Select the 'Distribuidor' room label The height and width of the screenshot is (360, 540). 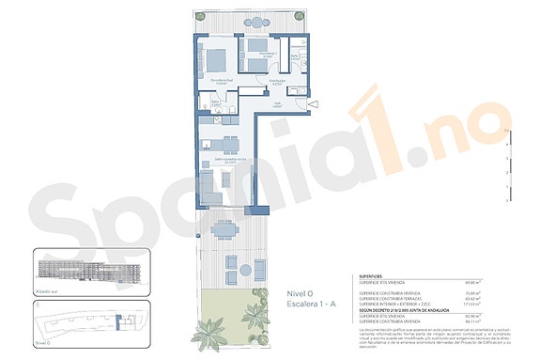click(277, 82)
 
